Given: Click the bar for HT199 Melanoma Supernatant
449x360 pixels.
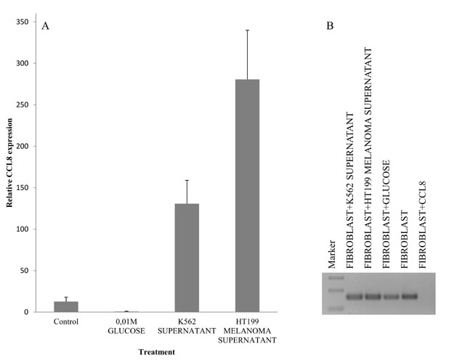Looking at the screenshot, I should [x=247, y=196].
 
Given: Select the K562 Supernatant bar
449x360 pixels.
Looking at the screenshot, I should [x=187, y=258].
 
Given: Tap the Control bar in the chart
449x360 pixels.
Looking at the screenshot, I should [x=66, y=306].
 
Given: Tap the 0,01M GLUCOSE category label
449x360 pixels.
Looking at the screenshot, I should [x=126, y=325].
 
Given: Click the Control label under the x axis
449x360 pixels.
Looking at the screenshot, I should [x=66, y=321].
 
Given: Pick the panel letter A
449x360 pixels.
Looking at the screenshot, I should [x=46, y=26].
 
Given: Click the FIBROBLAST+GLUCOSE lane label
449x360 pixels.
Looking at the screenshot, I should [x=387, y=213].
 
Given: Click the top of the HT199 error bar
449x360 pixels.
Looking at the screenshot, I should [x=247, y=30].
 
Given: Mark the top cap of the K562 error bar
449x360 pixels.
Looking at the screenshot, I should [x=187, y=180].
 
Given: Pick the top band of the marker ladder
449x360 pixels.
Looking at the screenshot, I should [x=334, y=277].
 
